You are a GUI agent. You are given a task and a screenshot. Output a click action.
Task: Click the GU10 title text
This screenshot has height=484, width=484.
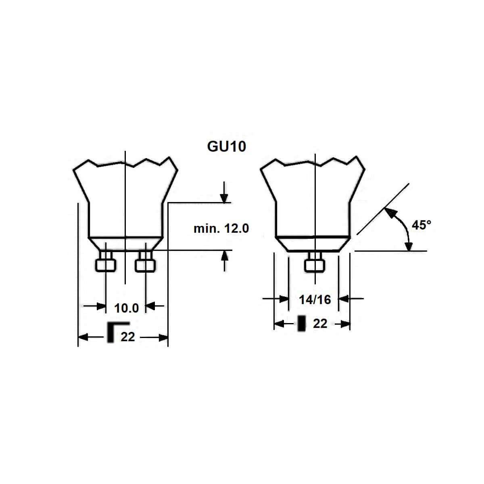tap(226, 146)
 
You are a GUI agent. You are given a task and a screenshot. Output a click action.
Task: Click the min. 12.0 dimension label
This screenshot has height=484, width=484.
tap(221, 229)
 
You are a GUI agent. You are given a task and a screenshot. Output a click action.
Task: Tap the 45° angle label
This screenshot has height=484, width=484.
tap(421, 225)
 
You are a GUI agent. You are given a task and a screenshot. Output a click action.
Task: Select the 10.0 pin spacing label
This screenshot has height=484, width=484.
tap(127, 309)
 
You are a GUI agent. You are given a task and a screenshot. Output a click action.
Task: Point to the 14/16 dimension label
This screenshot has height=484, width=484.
tap(315, 300)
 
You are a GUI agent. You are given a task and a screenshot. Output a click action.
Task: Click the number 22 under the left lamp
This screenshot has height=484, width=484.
tap(128, 337)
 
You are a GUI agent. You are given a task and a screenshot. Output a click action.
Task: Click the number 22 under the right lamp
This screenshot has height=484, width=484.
tap(320, 324)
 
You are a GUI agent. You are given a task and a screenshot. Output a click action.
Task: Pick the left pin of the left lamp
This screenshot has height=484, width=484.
tap(106, 264)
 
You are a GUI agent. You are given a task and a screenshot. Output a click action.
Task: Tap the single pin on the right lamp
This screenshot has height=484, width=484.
tap(315, 265)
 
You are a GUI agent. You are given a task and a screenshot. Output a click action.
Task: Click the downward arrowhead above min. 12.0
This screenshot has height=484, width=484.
tap(224, 198)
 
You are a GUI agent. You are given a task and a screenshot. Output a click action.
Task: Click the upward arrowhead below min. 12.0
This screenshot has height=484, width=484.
tap(224, 255)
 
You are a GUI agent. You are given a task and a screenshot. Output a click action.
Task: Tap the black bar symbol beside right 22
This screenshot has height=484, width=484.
tap(301, 324)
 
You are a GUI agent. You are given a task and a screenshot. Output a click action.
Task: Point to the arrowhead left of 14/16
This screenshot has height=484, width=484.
tap(284, 299)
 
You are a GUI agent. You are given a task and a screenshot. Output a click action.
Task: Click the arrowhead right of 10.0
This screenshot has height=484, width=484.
tap(150, 306)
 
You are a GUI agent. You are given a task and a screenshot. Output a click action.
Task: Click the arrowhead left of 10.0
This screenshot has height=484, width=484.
tap(100, 306)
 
